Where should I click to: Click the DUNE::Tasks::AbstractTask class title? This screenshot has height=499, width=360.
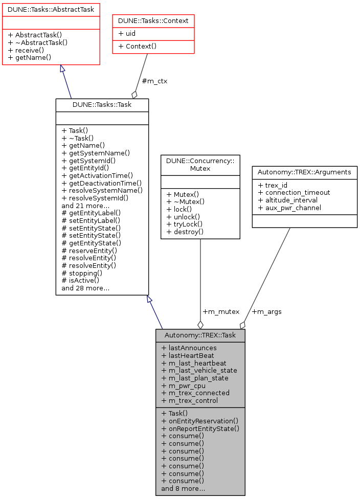pos(51,9)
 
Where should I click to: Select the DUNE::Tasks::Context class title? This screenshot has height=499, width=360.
pos(153,21)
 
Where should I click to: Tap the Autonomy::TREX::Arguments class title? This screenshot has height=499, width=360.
pos(304,172)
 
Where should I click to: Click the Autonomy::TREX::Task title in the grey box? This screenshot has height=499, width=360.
pos(200,335)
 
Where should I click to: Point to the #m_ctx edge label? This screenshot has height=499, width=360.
pos(154,81)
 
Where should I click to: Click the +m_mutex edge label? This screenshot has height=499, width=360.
pos(221,311)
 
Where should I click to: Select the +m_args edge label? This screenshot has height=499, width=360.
pos(266,311)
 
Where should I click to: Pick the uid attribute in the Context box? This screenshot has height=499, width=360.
pos(128,33)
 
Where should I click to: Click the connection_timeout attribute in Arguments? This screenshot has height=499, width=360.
pos(294,193)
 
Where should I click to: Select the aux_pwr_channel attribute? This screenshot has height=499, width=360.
pos(289,208)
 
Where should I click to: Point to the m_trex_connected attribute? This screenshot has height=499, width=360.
pos(195,393)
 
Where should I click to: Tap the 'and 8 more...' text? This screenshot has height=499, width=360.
pos(184,488)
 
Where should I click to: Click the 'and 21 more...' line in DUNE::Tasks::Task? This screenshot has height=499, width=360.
pos(85,206)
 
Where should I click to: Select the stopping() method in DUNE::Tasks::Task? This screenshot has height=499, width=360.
pos(82,273)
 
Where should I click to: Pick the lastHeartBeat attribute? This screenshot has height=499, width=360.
pos(188,355)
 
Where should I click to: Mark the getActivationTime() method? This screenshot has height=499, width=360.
pos(97,175)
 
